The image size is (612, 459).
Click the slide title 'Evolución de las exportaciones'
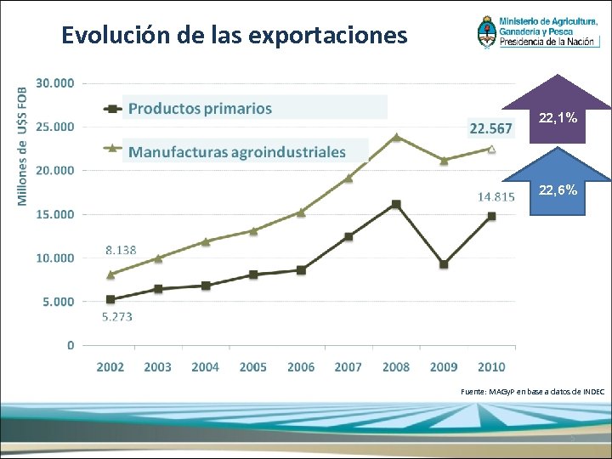(x=235, y=36)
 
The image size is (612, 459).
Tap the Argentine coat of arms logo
(x=489, y=32)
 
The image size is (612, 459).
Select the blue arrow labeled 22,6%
(x=557, y=184)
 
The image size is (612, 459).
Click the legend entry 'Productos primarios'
(x=200, y=108)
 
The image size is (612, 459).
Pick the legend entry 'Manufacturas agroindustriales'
(x=237, y=152)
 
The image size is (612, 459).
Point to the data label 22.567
(x=490, y=128)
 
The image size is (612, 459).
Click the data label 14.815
(x=496, y=196)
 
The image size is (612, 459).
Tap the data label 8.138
(x=120, y=251)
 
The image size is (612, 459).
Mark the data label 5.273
(x=117, y=317)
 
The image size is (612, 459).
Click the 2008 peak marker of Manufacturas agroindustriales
(x=396, y=136)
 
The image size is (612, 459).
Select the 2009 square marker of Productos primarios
(x=444, y=264)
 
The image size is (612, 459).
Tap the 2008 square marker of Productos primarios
(x=396, y=204)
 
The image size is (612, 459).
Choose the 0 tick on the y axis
(x=71, y=345)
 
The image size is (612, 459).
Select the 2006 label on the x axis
(x=301, y=367)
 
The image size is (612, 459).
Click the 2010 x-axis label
(x=491, y=367)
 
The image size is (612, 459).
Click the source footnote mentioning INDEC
(x=532, y=391)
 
